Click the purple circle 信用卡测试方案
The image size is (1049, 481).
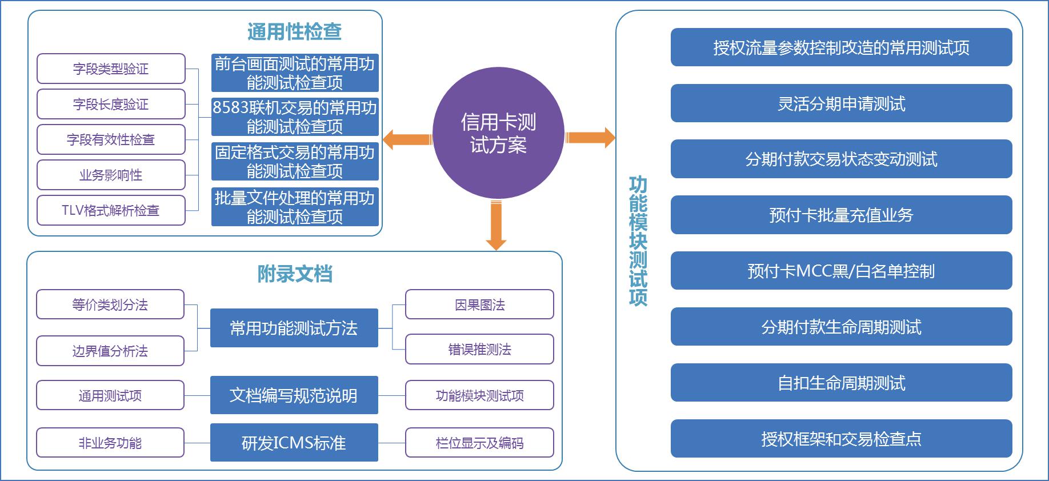498,133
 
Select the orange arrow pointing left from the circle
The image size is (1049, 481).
406,139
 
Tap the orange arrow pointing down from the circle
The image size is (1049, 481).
496,225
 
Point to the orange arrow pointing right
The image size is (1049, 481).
590,138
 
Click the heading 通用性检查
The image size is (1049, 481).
294,32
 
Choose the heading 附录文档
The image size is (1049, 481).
294,274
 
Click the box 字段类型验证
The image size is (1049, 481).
111,69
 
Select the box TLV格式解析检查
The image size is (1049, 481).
111,211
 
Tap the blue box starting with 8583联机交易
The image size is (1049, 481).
295,117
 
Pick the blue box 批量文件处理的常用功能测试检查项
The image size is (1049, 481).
295,207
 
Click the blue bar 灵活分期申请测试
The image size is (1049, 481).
841,103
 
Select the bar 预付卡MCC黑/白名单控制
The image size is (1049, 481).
841,271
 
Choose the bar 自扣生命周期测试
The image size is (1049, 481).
841,383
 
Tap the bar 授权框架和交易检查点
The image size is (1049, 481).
841,439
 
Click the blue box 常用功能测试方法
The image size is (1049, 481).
294,328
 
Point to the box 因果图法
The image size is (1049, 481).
479,304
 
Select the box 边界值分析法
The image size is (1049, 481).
110,351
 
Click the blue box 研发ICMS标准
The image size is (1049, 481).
294,443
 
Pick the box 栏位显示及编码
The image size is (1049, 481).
479,443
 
